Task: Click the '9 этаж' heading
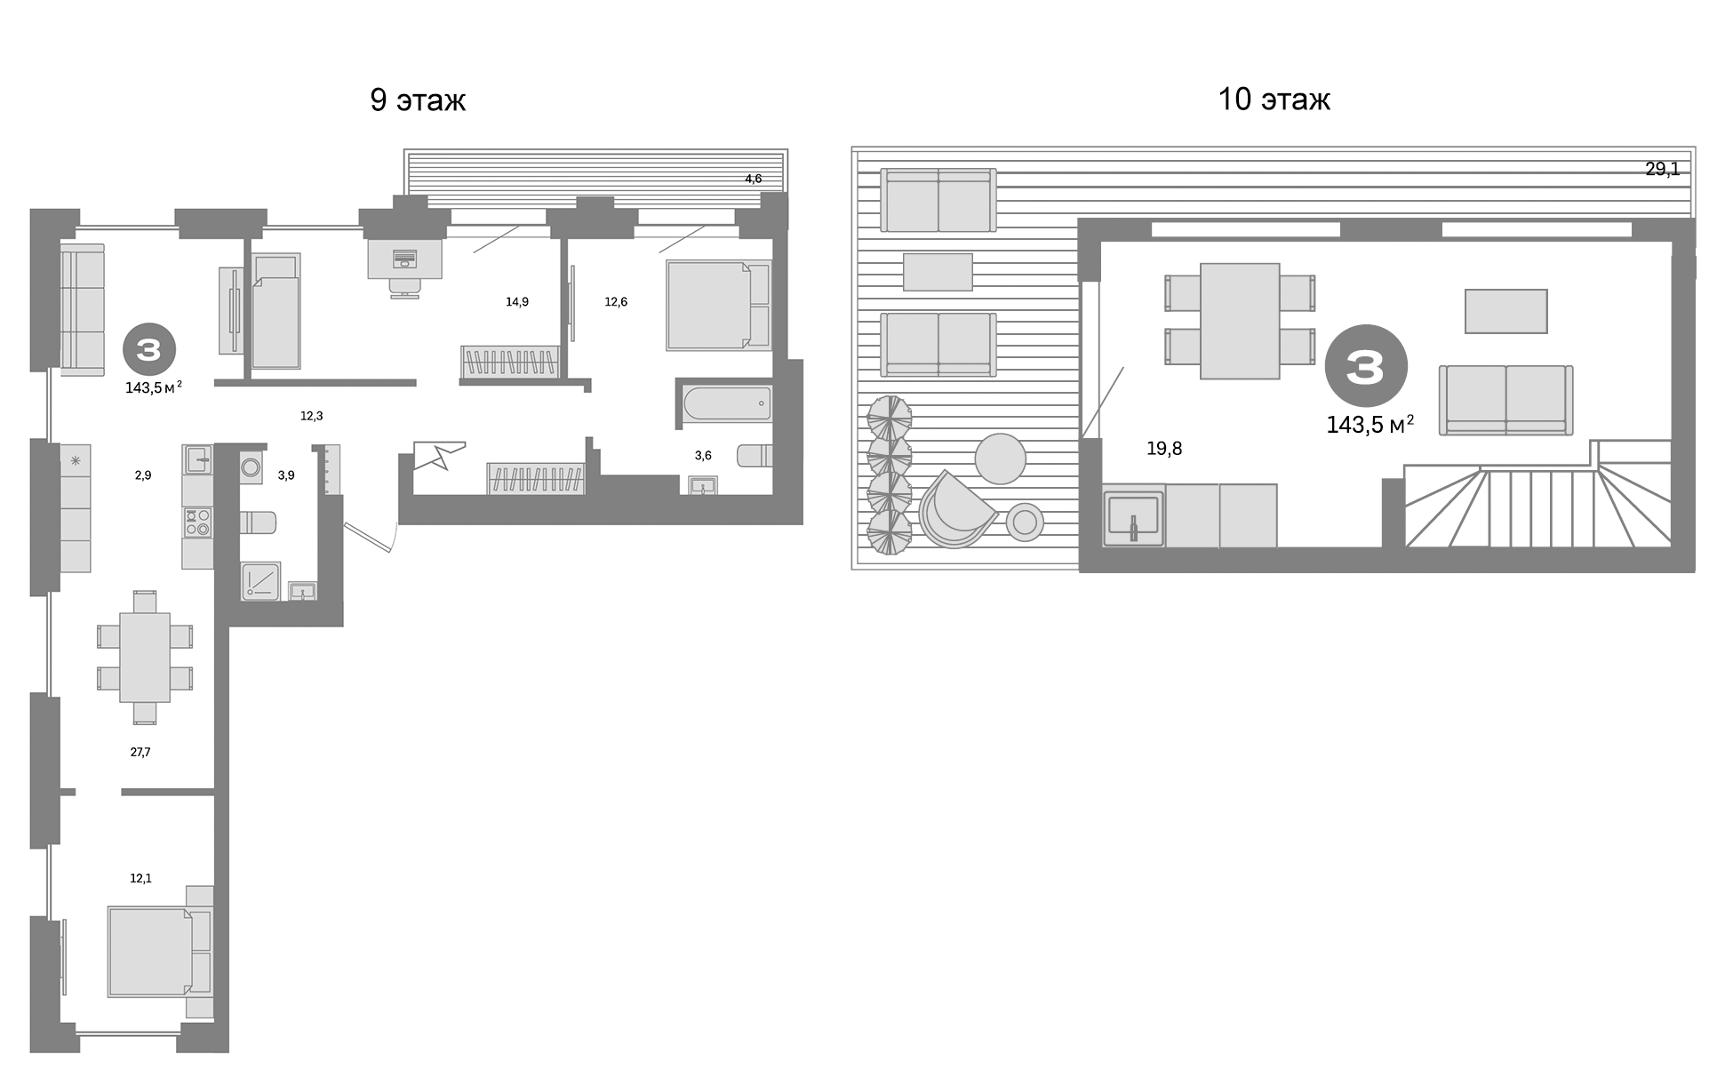(x=418, y=100)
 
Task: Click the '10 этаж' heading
(x=1274, y=100)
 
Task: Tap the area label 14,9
(x=517, y=302)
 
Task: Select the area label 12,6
(x=616, y=302)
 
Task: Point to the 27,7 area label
(x=140, y=752)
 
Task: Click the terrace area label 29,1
(x=1662, y=169)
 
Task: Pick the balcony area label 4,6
(x=753, y=179)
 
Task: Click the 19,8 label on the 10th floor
(x=1164, y=449)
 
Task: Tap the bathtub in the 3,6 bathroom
(x=727, y=403)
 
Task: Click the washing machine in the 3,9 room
(x=251, y=467)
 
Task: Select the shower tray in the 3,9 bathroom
(x=260, y=581)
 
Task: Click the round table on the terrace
(x=1001, y=459)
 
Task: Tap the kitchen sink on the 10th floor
(x=1134, y=518)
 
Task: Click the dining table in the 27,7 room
(x=145, y=658)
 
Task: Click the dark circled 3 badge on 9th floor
(x=148, y=349)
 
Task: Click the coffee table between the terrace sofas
(x=938, y=272)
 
